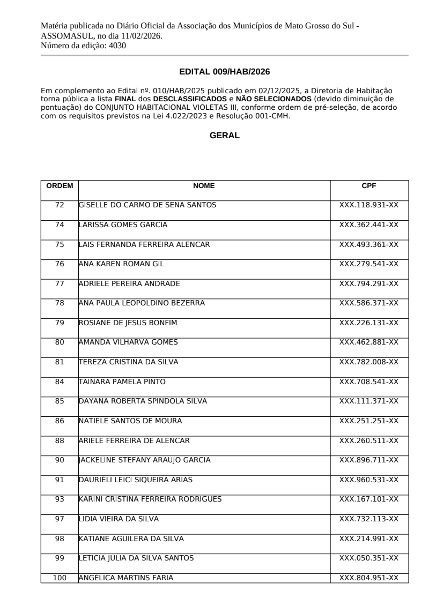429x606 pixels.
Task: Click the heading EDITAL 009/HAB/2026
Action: [224, 71]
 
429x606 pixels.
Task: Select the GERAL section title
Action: [224, 136]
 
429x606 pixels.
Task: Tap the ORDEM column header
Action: [60, 186]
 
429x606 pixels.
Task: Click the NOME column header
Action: [204, 186]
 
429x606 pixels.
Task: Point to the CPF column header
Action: [369, 186]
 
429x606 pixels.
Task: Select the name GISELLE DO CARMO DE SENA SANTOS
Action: [147, 205]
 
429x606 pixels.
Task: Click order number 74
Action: [60, 225]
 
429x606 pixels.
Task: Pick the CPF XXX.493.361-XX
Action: [369, 244]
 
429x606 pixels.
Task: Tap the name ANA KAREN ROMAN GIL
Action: [121, 264]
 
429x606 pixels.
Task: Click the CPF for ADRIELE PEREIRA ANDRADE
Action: [369, 283]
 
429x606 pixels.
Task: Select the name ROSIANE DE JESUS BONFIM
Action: [128, 323]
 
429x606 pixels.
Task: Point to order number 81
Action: [60, 362]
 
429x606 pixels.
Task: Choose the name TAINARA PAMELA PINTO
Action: [122, 381]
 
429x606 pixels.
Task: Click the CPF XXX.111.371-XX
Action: [369, 401]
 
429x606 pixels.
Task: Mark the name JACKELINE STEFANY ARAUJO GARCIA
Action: [144, 460]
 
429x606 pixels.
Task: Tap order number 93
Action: [60, 499]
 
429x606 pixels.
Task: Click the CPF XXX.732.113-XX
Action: [369, 519]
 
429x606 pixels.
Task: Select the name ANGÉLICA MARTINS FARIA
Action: [126, 578]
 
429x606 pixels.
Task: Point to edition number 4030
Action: [117, 46]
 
